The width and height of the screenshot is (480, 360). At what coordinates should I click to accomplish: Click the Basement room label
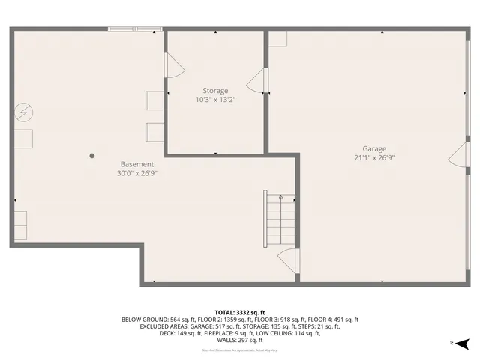coord(137,164)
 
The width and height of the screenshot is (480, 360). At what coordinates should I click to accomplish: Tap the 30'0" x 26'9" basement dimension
coord(137,173)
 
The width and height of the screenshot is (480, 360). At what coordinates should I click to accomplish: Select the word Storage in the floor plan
coord(215,91)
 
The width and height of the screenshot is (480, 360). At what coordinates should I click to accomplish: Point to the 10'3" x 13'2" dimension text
coord(215,100)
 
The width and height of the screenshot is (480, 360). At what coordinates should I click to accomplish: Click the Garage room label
coord(374,148)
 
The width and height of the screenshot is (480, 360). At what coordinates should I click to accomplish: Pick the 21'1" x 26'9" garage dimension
coord(374,158)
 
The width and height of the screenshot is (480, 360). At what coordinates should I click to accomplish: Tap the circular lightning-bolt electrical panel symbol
coord(23,112)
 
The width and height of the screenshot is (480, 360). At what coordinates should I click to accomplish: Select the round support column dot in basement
coord(93,156)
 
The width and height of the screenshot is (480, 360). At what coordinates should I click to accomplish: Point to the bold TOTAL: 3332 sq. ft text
coord(240,312)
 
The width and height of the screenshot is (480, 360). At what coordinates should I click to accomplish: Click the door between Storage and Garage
coord(258,81)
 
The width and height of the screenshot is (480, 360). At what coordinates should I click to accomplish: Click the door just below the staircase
coord(288,261)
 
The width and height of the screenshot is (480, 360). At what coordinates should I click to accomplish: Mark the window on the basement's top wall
coord(135,30)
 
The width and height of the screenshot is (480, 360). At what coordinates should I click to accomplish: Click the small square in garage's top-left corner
coord(278,40)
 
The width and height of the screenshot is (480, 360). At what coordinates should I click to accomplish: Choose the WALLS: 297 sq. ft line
coord(240,340)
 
